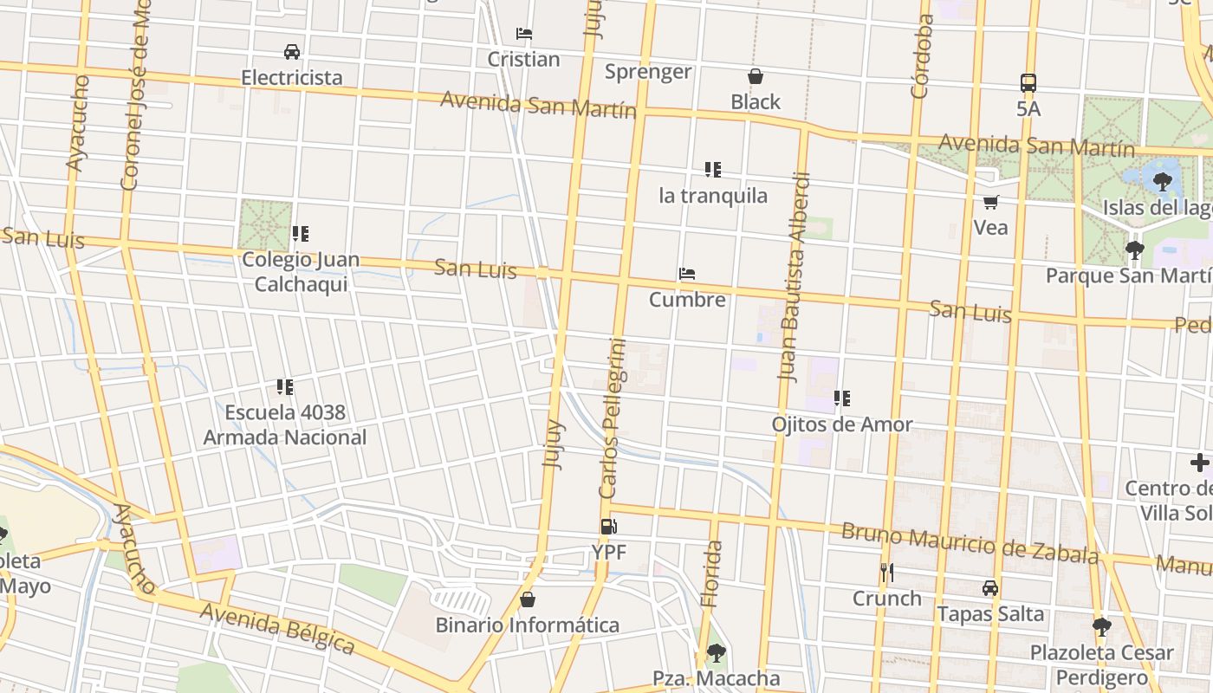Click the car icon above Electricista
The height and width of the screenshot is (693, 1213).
(x=292, y=52)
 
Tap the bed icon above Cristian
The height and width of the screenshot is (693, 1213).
(x=523, y=34)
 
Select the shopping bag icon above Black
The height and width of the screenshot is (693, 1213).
(x=756, y=76)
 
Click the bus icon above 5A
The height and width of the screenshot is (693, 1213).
(x=1028, y=83)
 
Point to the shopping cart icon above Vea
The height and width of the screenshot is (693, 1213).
(x=990, y=202)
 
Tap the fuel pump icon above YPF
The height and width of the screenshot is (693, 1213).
(x=608, y=527)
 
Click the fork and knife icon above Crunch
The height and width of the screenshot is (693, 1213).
(x=886, y=573)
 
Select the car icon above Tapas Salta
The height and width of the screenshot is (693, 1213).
(x=990, y=588)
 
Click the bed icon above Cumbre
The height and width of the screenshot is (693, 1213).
(x=687, y=275)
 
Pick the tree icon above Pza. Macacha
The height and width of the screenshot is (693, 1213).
(x=716, y=652)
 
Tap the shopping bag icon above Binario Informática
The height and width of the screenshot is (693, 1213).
(x=527, y=599)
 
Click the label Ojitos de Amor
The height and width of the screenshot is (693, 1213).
(x=842, y=424)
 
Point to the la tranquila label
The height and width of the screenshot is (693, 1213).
(x=713, y=196)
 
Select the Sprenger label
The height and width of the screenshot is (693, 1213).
(x=648, y=72)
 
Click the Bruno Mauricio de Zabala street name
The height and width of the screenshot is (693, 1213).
(x=970, y=541)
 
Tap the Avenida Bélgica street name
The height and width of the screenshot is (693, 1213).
(x=277, y=628)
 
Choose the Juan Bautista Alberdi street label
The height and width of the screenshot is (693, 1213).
(x=794, y=277)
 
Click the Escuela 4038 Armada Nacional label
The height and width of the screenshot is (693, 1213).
(x=285, y=424)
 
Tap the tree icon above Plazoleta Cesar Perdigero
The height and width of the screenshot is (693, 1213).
(x=1101, y=626)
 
